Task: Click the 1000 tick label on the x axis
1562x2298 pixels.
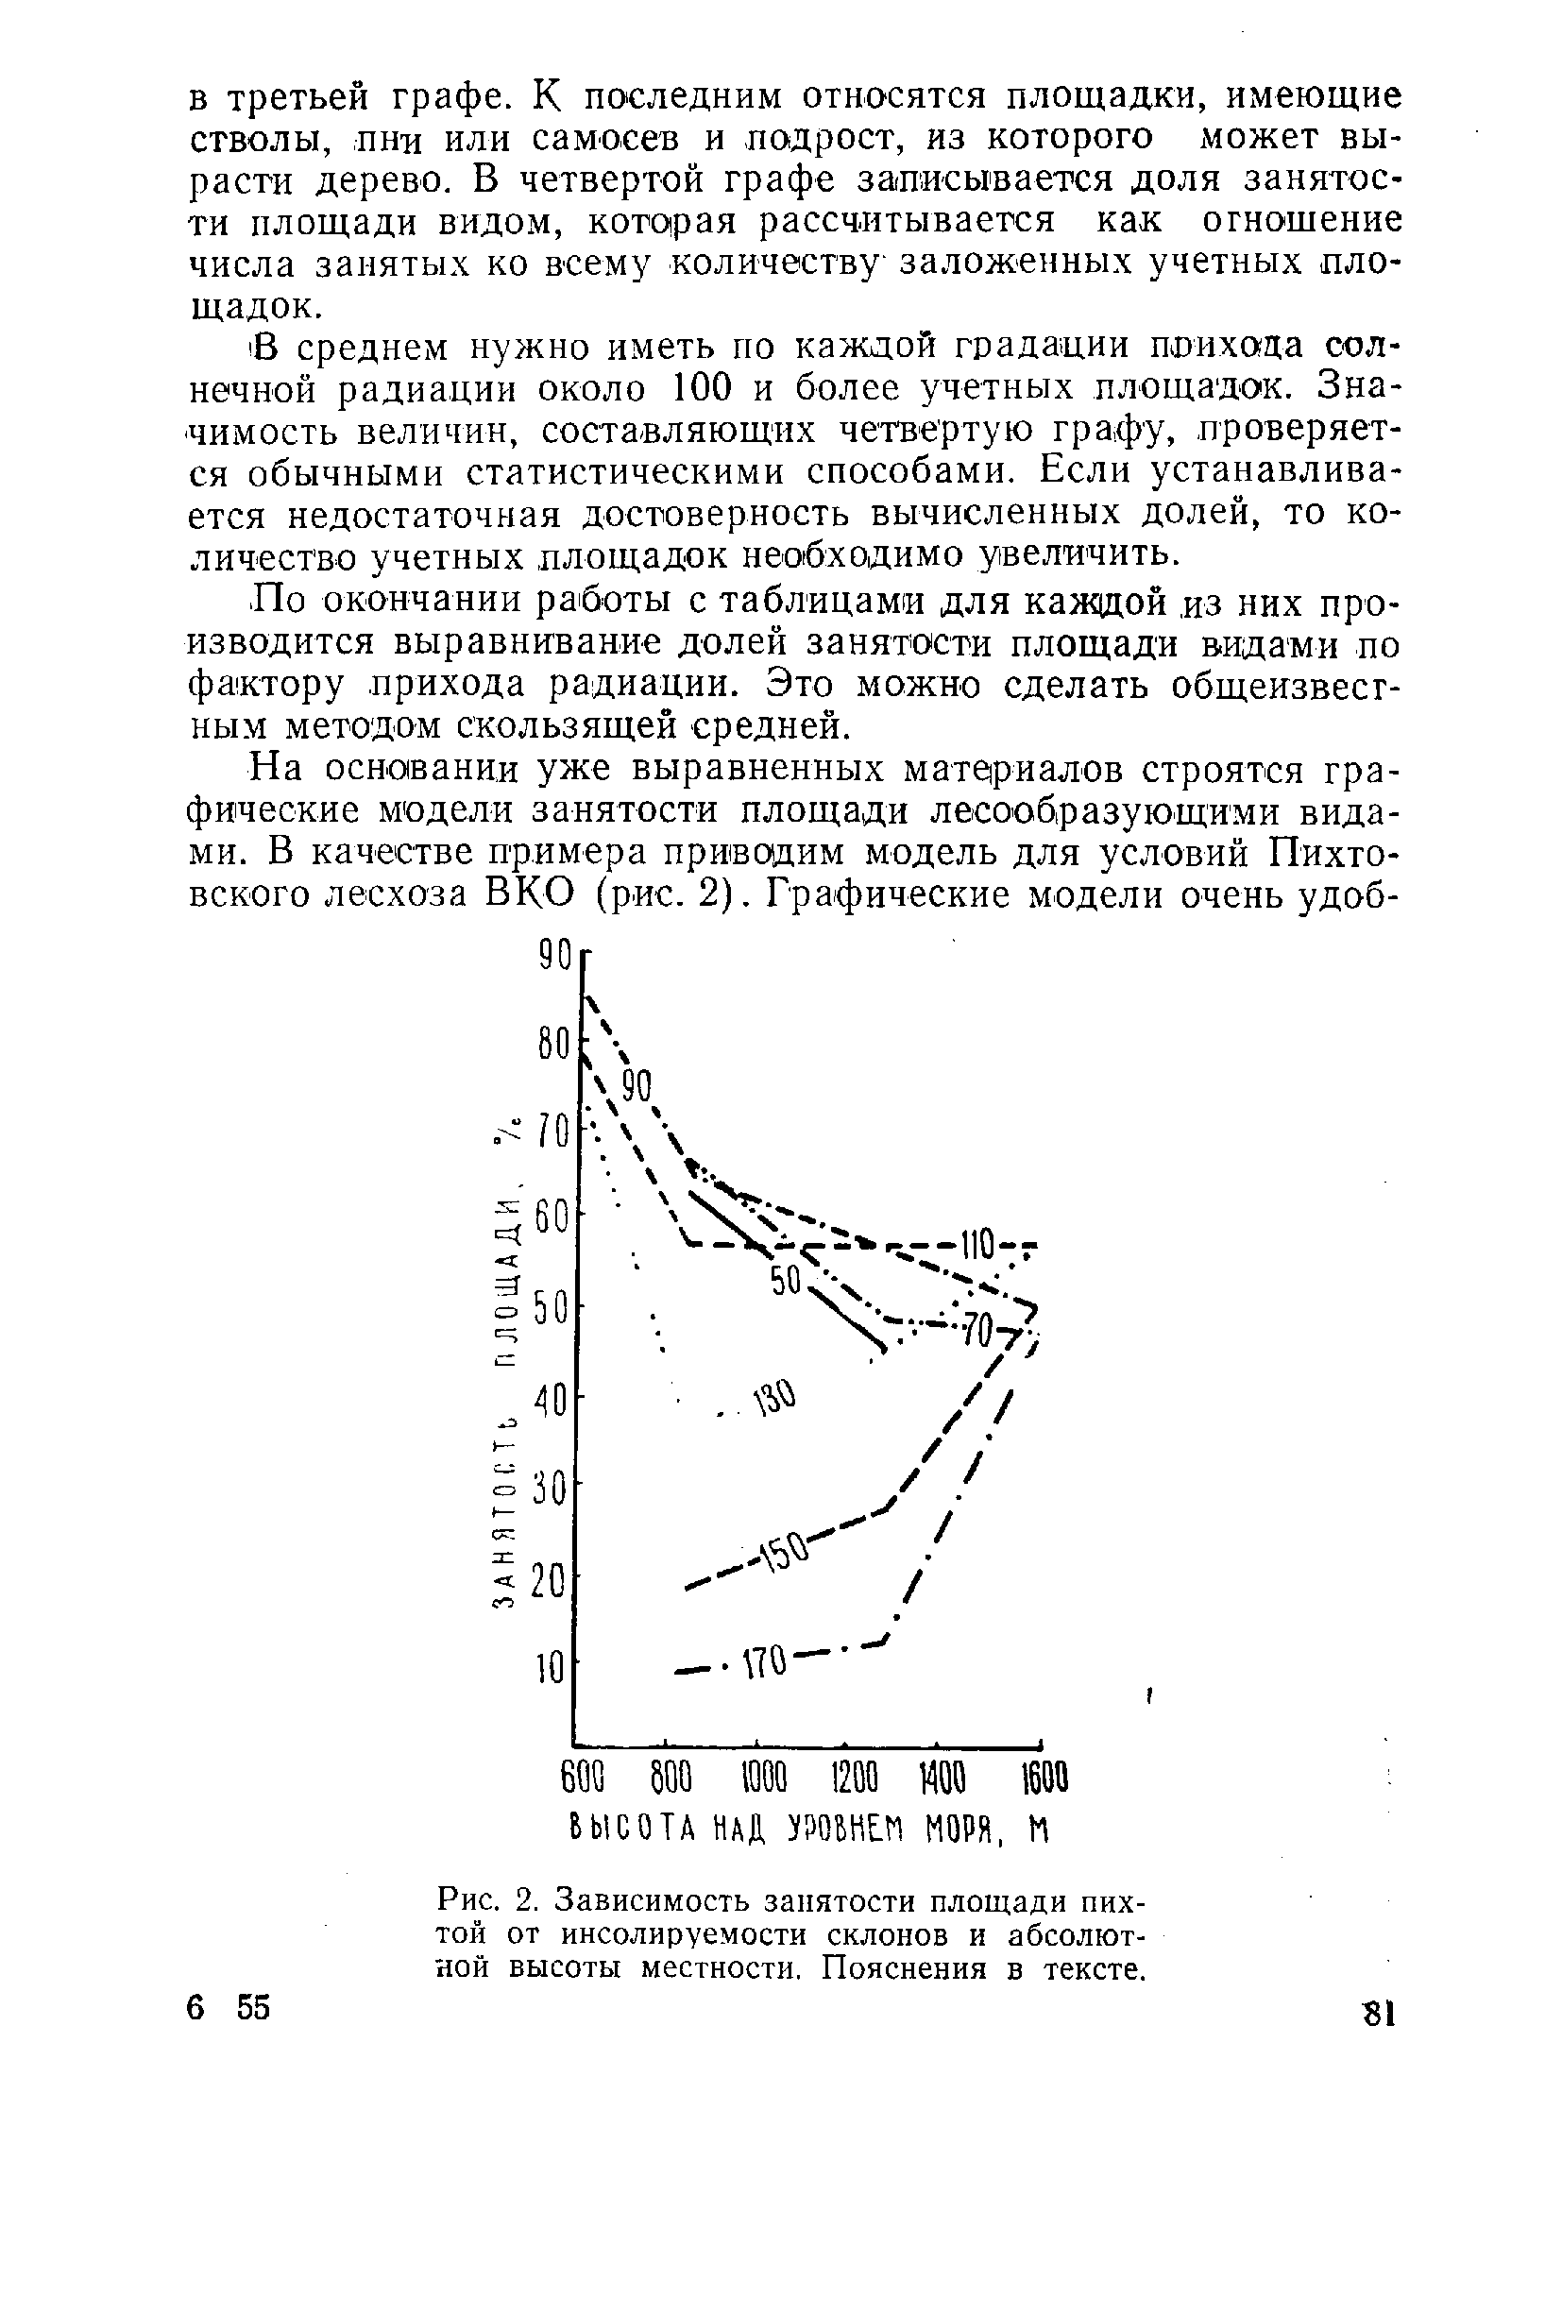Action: pos(762,1780)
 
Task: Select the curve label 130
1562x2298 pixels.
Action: pos(775,1400)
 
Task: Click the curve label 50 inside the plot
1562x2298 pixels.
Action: pos(784,1286)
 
